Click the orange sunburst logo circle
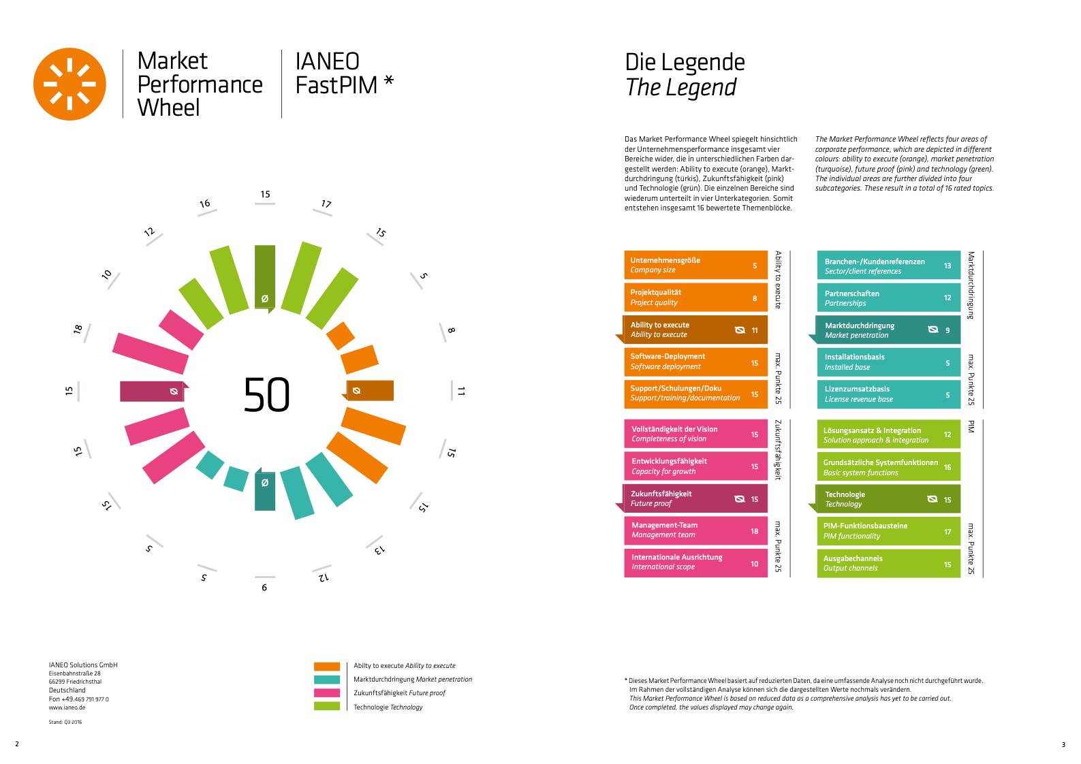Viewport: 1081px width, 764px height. coord(69,84)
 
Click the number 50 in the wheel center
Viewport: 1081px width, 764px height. coord(266,395)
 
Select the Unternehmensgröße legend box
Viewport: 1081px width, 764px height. coord(695,265)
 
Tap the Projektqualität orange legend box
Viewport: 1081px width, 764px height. coord(695,298)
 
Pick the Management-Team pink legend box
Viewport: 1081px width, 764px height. coord(695,530)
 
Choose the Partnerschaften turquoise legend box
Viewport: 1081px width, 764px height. coord(888,298)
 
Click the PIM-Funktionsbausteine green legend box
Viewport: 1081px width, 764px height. coord(888,531)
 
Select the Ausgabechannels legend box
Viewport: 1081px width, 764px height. coord(888,563)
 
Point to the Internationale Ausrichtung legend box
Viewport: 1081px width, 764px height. coord(695,562)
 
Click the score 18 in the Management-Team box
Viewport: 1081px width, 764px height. coord(754,531)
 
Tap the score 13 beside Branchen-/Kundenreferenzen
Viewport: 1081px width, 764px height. coord(947,266)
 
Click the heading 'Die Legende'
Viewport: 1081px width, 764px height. coord(685,62)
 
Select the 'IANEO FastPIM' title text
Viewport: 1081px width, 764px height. coord(336,74)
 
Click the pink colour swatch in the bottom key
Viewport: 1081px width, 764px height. coord(327,693)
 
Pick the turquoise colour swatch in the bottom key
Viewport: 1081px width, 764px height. coord(327,680)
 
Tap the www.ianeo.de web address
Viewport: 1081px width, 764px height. coord(67,707)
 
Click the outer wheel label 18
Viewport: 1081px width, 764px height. coord(78,330)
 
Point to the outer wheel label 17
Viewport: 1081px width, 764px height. coord(326,204)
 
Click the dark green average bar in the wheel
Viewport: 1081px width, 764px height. coord(265,276)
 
